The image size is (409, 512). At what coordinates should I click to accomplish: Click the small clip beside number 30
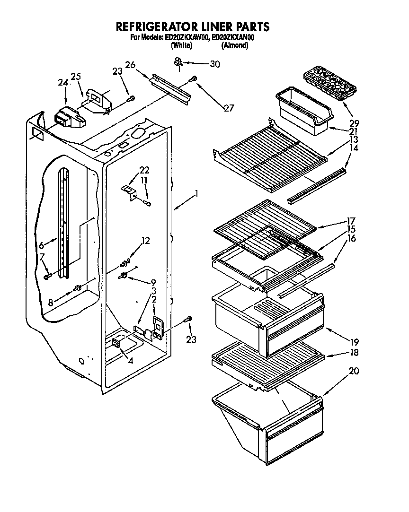pyautogui.click(x=178, y=61)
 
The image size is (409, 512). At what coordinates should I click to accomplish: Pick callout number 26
pyautogui.click(x=130, y=64)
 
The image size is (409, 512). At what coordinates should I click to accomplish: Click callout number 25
pyautogui.click(x=76, y=76)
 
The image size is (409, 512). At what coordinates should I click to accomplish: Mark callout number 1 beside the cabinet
pyautogui.click(x=196, y=193)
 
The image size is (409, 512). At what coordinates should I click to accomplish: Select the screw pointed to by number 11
pyautogui.click(x=148, y=203)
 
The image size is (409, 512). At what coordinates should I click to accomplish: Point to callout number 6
pyautogui.click(x=42, y=245)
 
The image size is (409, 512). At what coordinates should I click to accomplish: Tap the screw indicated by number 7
pyautogui.click(x=47, y=277)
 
